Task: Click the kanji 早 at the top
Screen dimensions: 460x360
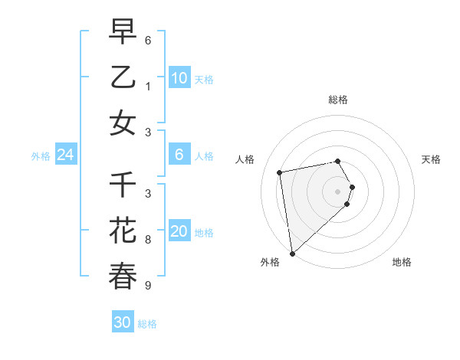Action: (x=123, y=31)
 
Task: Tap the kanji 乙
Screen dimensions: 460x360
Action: (x=123, y=77)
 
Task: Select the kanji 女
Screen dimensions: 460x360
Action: (x=123, y=123)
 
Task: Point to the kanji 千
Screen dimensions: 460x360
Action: (x=123, y=185)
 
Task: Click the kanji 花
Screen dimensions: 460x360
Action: (x=123, y=231)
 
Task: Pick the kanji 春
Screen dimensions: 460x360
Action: (x=123, y=276)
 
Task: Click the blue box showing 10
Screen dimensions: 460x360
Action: (x=179, y=77)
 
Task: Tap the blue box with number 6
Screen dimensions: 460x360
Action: (x=179, y=155)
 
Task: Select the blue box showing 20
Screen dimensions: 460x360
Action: (x=179, y=231)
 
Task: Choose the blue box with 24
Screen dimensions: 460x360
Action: (x=65, y=155)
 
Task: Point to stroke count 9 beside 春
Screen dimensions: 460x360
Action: (x=148, y=286)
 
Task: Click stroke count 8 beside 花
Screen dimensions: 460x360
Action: (x=148, y=240)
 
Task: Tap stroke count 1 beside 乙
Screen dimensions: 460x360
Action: (x=148, y=87)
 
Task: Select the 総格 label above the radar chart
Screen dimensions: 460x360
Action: (x=338, y=100)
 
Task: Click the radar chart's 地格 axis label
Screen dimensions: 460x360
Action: (x=402, y=262)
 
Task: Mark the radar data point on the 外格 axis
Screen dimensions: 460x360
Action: (x=292, y=253)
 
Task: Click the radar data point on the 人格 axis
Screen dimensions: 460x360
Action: (x=280, y=172)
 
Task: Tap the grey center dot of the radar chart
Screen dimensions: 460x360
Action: (x=338, y=191)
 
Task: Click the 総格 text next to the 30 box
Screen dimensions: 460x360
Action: (x=147, y=324)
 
